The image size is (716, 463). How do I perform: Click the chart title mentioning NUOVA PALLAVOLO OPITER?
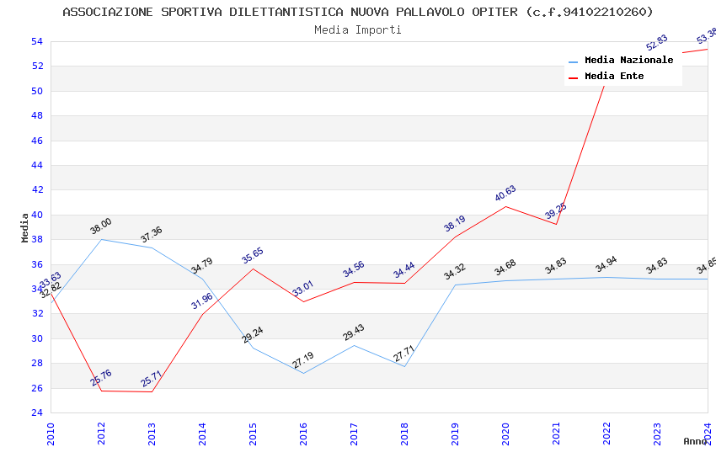(x=358, y=12)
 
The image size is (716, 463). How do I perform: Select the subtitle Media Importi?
(x=358, y=29)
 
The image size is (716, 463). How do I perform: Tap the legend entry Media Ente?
(x=613, y=77)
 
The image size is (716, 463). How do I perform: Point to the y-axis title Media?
(x=25, y=227)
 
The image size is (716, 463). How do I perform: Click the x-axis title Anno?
(x=695, y=441)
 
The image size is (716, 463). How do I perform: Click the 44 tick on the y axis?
(x=36, y=165)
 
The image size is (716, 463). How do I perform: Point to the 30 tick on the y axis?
(x=36, y=338)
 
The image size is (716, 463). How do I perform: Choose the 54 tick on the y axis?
(x=36, y=41)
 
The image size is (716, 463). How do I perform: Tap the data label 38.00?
(x=101, y=226)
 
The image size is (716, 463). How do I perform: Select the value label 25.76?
(x=101, y=378)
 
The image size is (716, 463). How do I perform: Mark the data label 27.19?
(x=303, y=360)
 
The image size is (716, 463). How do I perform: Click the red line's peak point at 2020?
(x=505, y=206)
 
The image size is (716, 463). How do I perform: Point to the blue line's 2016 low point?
(x=303, y=373)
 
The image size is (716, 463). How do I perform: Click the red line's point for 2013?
(x=152, y=391)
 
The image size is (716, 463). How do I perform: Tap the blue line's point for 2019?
(x=455, y=285)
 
